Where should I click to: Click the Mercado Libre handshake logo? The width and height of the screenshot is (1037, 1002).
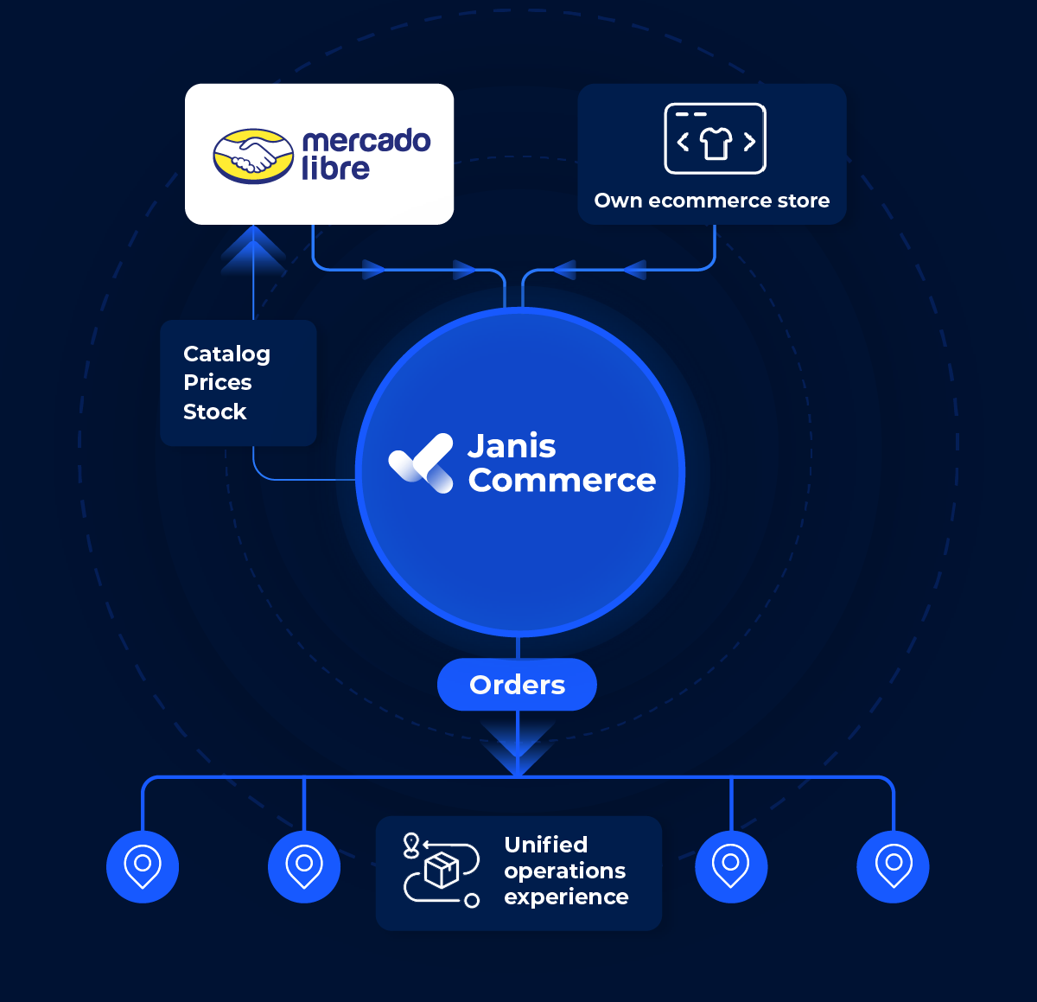pos(253,156)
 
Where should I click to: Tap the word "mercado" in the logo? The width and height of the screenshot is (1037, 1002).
pos(366,141)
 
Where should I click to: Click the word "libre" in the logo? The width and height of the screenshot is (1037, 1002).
pos(335,169)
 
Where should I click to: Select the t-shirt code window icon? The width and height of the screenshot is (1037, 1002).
pos(715,139)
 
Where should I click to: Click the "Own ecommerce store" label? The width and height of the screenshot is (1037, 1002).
pos(711,201)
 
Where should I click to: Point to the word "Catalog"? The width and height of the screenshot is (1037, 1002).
pos(226,354)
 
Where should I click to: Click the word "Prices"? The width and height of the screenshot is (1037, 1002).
pos(218,382)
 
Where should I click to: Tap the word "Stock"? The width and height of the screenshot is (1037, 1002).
pos(215,412)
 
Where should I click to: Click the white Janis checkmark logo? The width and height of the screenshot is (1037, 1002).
pos(421,463)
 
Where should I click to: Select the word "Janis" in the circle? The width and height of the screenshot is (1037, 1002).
pos(512,446)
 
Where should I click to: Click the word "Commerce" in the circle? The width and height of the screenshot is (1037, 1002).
pos(562,481)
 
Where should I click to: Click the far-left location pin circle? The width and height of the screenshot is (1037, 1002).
pos(143,866)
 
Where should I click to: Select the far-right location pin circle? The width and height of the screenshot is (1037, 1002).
pos(893,866)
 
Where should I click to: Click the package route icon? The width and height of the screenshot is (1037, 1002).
pos(441,870)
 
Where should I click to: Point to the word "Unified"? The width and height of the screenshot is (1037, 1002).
pos(545,845)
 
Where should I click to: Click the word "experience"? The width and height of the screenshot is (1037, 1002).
pos(566,897)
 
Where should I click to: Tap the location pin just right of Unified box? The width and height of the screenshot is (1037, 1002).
pos(731,866)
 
